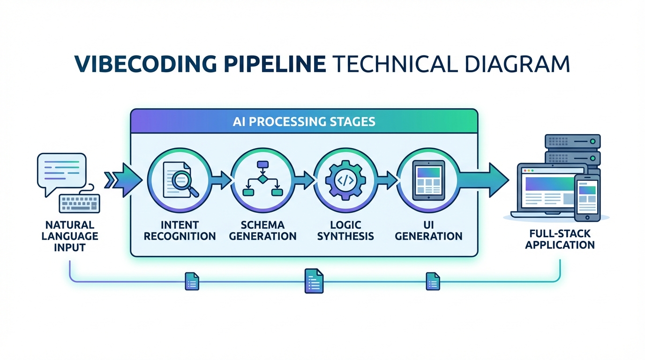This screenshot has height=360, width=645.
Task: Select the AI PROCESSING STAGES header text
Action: [304, 121]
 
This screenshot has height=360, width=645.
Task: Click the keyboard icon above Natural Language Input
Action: [79, 203]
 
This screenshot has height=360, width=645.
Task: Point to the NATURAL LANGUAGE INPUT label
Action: [69, 236]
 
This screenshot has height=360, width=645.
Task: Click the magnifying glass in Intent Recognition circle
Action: [186, 184]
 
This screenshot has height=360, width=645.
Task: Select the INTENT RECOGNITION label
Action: [180, 230]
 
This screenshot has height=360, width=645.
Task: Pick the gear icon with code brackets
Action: [345, 180]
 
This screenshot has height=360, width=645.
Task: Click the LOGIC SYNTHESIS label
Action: [345, 230]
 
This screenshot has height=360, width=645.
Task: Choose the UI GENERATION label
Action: [428, 230]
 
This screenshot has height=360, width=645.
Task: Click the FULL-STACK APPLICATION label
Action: [560, 239]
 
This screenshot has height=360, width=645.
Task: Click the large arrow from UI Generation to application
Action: [485, 180]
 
